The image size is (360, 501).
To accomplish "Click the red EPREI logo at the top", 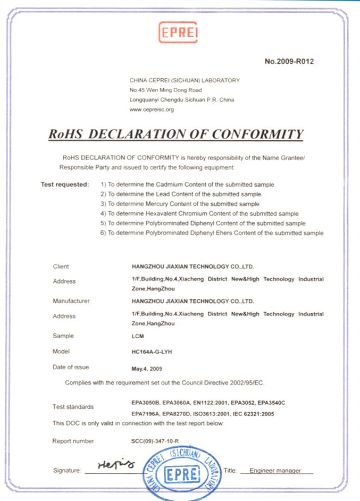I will coord(179,32).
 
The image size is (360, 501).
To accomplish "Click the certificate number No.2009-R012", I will coord(289,61).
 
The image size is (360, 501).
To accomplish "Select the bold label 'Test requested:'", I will coord(65,185).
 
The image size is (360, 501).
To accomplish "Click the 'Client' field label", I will coord(61,266).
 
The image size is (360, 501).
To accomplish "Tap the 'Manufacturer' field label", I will coord(71,301).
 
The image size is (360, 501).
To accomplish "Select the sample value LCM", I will coord(137,337).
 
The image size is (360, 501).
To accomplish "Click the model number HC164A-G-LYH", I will coord(152,352).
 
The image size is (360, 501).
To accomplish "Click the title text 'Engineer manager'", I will coord(275,471).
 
